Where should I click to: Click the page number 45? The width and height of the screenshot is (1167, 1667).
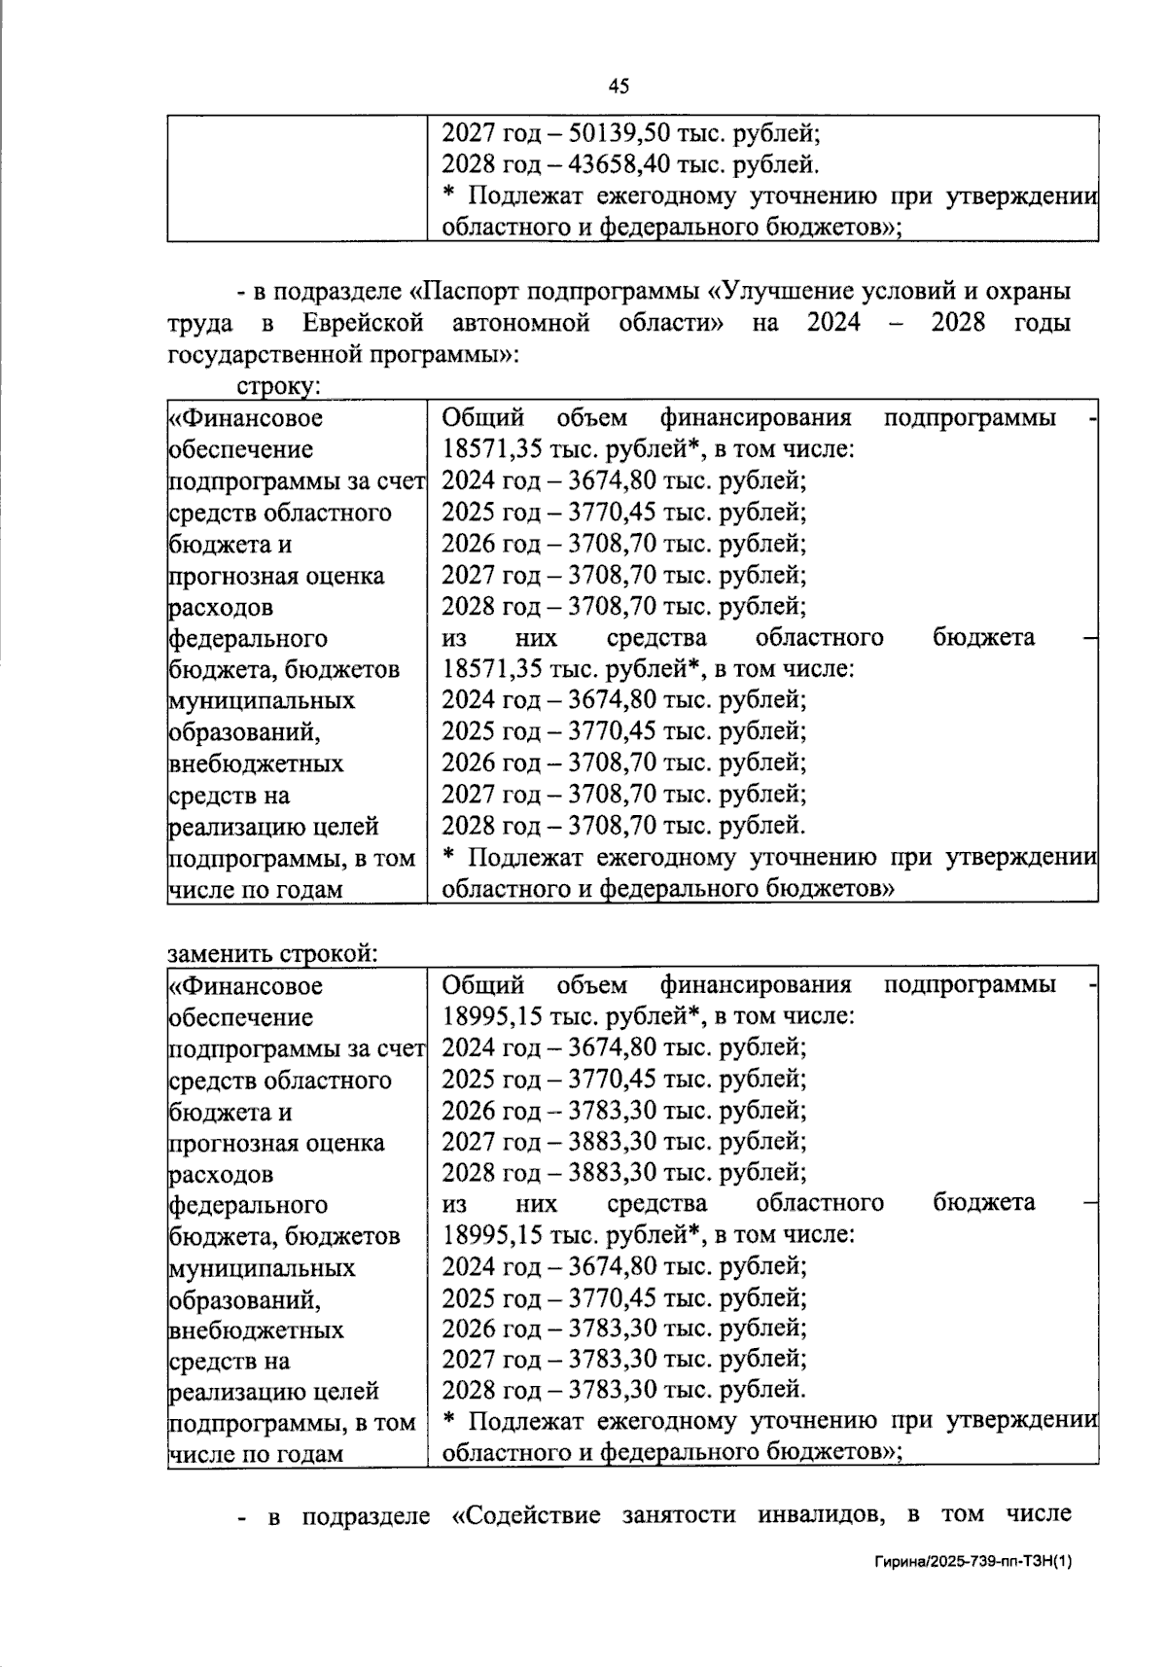pyautogui.click(x=619, y=87)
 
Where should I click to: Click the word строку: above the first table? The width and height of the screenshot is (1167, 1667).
pyautogui.click(x=278, y=386)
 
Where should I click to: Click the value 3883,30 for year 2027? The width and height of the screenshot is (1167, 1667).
pyautogui.click(x=608, y=1141)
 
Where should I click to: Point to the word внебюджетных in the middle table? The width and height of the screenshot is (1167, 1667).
pyautogui.click(x=256, y=763)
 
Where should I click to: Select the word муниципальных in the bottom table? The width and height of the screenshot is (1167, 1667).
pyautogui.click(x=262, y=1268)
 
